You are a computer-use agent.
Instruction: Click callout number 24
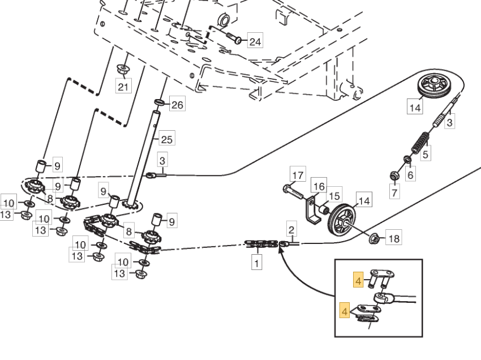coord(255,41)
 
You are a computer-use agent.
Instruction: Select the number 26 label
coord(177,105)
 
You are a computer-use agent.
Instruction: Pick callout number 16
coord(319,186)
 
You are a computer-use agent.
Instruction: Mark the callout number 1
coord(257,263)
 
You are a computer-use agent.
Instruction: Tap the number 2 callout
coord(291,230)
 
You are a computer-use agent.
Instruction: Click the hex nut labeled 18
coord(374,239)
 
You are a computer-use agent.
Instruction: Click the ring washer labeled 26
coord(160,103)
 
